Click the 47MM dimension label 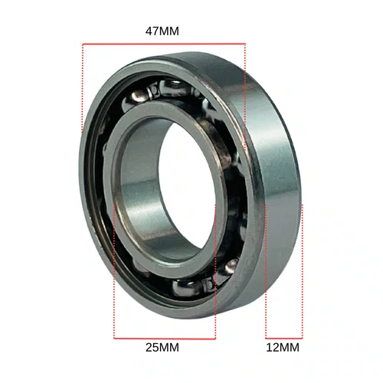pos(162,31)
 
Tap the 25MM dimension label pos(162,348)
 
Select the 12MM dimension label pos(283,348)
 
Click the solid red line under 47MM pos(164,44)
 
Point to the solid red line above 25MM pos(165,339)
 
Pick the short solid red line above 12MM pos(284,339)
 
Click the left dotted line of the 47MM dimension pos(83,89)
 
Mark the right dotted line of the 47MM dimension pos(245,97)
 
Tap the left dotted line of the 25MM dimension pos(114,271)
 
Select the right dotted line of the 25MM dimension pos(215,271)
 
